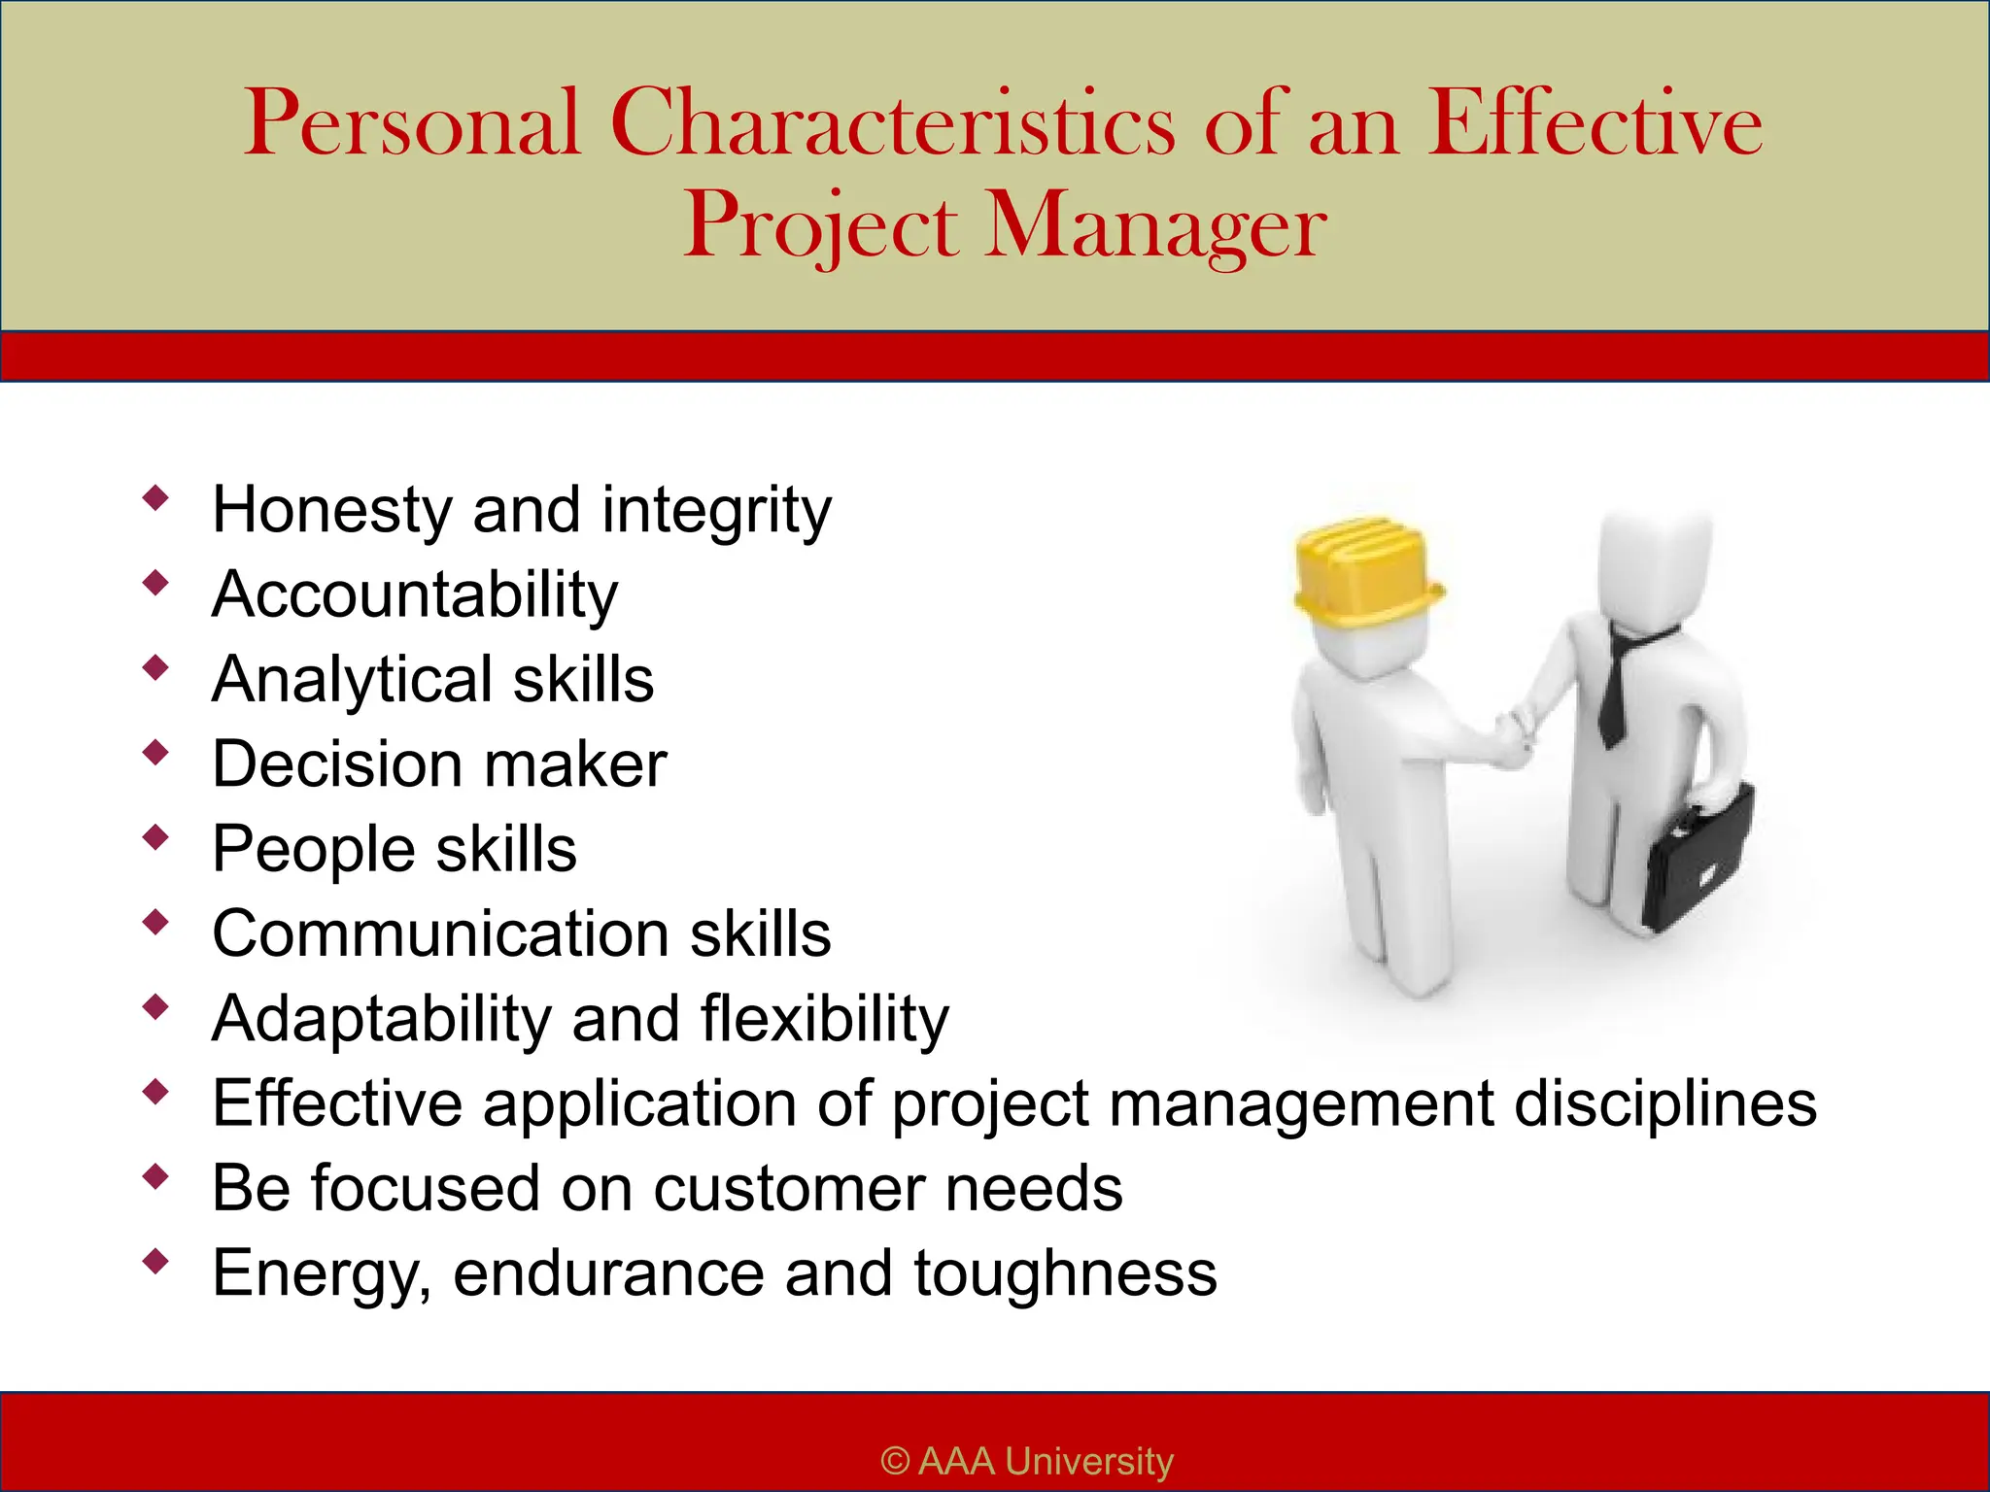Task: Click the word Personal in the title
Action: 412,124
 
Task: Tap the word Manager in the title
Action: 1155,227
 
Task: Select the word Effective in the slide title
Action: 1594,124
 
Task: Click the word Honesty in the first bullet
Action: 331,509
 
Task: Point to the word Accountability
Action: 415,593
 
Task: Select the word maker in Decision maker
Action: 575,763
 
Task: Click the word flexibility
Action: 824,1018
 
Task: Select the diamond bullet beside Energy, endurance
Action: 155,1262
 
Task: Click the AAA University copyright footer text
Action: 1027,1461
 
